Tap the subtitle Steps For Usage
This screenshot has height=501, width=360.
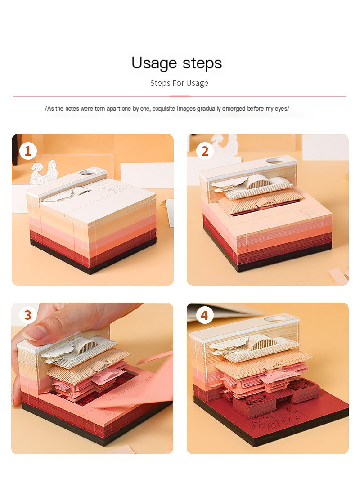179,83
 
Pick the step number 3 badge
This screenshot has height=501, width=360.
28,315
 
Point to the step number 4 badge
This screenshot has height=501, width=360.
204,315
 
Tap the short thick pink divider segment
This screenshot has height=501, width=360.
180,96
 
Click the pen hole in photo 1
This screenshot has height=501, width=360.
88,172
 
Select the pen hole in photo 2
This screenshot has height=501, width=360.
275,160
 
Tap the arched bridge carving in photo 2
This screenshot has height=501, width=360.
256,182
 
